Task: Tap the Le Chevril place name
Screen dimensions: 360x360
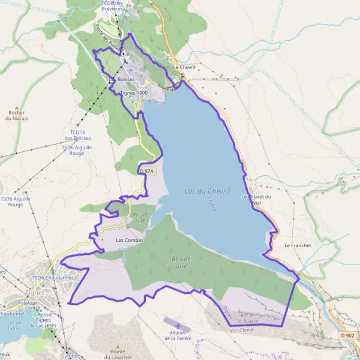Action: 185,67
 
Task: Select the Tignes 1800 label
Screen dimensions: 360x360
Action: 134,93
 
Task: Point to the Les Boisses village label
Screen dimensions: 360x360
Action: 121,79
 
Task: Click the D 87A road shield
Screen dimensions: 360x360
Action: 147,171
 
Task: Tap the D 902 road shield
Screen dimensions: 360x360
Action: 347,335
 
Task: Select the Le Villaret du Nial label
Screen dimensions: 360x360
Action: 257,199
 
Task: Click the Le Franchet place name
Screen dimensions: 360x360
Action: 295,245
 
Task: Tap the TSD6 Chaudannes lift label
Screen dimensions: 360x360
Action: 53,278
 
